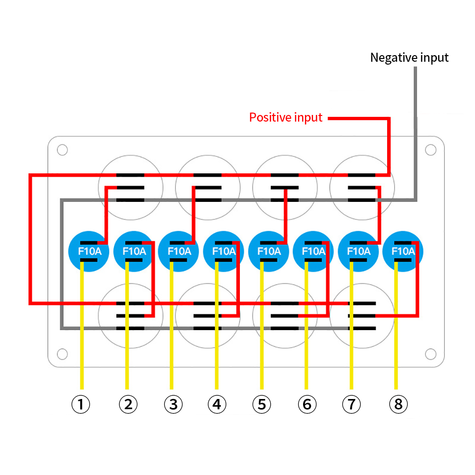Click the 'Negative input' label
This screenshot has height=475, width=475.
pos(409,58)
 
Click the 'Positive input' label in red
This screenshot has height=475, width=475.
pos(286,117)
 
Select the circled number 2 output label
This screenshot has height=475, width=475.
pos(128,405)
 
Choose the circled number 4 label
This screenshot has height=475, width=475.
pos(217,405)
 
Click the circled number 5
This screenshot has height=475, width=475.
pos(261,405)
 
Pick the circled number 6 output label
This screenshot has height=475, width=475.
pos(307,405)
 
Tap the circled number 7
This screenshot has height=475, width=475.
pos(351,405)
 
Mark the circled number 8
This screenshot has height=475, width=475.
pos(398,405)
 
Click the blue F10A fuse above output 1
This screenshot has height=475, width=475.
pos(89,251)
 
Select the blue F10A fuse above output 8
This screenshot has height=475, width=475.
pos(403,251)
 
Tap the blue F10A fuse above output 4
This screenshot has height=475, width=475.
pos(223,251)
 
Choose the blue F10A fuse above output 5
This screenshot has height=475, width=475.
pos(268,251)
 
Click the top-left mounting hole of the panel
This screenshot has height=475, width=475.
pos(62,150)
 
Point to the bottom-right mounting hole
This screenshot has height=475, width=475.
pos(430,354)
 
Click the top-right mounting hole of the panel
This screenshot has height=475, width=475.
pos(430,150)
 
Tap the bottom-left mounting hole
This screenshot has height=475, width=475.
pos(62,354)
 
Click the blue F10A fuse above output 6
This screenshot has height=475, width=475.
pos(313,251)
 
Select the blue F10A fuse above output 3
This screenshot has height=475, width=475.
pos(178,251)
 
